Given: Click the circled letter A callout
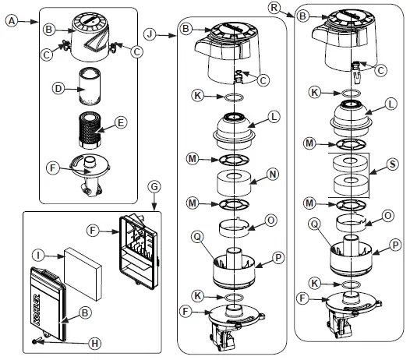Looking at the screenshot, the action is [x=12, y=21].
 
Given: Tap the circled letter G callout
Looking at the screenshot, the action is [x=154, y=187].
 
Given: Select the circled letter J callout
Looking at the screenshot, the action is [x=150, y=34].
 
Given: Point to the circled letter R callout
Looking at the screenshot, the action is [x=274, y=8].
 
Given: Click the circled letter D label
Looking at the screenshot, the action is [x=58, y=88].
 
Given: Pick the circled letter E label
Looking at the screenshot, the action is [x=121, y=122].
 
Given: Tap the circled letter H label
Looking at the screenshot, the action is [x=94, y=343].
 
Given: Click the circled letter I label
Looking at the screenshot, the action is [x=39, y=255].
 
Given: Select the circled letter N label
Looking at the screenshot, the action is [x=273, y=174].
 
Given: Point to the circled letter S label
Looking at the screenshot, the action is [x=392, y=164].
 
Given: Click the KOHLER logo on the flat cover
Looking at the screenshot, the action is [x=37, y=310].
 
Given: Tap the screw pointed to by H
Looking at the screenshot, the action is [x=35, y=341].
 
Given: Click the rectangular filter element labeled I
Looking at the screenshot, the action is [x=83, y=274].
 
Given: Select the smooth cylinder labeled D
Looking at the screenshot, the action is [x=90, y=86].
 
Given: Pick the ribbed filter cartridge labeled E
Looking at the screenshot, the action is [x=90, y=129].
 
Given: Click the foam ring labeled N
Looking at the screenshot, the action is [x=234, y=183].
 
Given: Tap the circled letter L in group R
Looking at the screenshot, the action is [x=391, y=104].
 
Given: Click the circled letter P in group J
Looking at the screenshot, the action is [x=278, y=258].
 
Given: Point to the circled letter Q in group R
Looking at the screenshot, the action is [x=315, y=224].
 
